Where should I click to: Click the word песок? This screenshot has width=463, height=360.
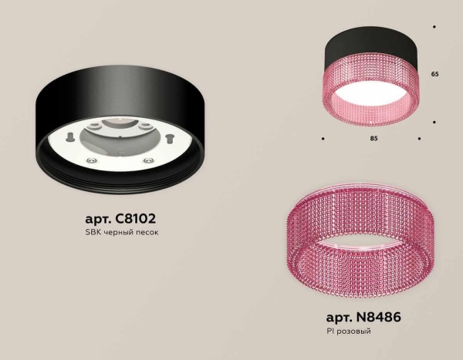pyautogui.click(x=144, y=234)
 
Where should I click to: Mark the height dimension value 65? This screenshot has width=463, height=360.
pyautogui.click(x=434, y=74)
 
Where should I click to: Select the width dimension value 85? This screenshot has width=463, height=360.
pyautogui.click(x=373, y=139)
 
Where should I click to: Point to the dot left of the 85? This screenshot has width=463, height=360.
pyautogui.click(x=323, y=139)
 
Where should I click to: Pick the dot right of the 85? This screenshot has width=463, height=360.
pyautogui.click(x=419, y=139)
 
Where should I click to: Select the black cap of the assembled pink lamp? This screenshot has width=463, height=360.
pyautogui.click(x=372, y=42)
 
